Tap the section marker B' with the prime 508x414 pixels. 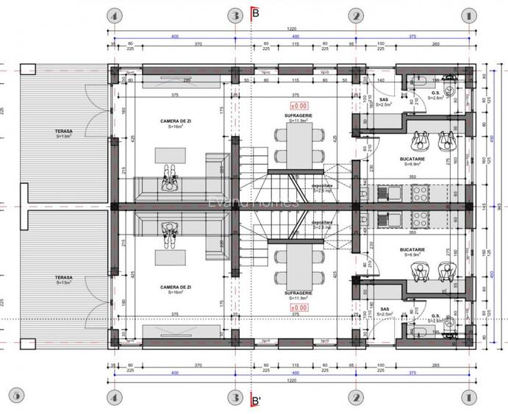(256, 401)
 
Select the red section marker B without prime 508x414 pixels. (255, 13)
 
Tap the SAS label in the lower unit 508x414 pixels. (384, 310)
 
